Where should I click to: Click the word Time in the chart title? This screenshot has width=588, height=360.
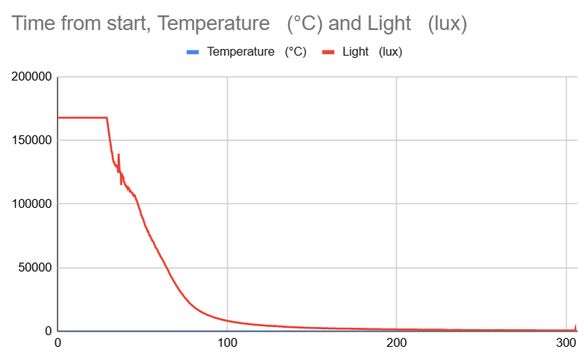tap(30, 24)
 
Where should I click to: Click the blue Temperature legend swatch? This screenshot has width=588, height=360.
tap(193, 52)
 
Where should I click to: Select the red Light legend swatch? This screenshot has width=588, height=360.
tap(329, 52)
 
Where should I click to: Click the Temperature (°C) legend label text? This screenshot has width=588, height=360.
tap(257, 52)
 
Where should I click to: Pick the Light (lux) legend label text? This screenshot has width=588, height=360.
tap(372, 52)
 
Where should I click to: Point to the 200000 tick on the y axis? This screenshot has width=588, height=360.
tap(30, 76)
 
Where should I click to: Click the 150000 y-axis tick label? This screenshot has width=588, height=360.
tap(30, 140)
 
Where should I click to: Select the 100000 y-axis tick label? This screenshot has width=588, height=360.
tap(30, 204)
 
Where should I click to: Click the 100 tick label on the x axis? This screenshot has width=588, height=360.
tap(227, 342)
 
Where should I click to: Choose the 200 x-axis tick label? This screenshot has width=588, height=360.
tap(397, 342)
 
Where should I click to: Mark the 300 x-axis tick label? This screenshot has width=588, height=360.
tap(566, 342)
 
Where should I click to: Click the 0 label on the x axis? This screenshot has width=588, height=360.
tap(58, 342)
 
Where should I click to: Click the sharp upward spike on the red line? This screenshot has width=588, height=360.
tap(118, 155)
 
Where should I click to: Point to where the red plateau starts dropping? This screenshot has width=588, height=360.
tap(107, 118)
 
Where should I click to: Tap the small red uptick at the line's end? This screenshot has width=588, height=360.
tap(576, 326)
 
